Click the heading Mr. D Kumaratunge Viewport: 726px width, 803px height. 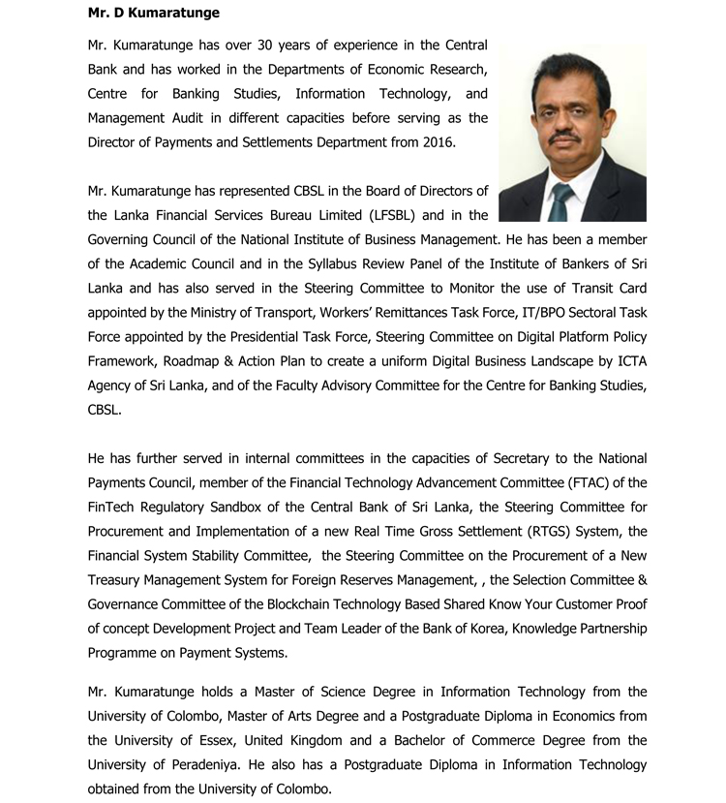tap(153, 13)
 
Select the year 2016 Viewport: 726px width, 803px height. tap(437, 142)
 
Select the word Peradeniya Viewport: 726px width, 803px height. tap(198, 765)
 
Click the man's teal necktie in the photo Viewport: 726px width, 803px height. tap(562, 202)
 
